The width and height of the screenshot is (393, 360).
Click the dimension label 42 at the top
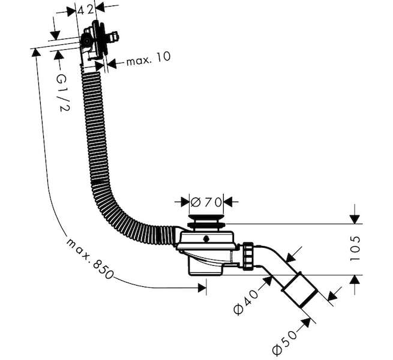(86, 10)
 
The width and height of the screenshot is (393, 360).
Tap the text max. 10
(148, 59)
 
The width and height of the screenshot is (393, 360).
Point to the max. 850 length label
(90, 259)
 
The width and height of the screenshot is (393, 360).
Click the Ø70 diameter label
(206, 202)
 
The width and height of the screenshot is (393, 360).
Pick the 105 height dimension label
(355, 248)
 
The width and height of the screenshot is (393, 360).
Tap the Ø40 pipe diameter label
(245, 302)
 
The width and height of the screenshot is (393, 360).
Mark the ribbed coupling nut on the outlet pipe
(248, 256)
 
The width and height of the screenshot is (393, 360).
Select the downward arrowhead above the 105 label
(355, 220)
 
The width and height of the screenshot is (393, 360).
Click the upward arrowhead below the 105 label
(355, 280)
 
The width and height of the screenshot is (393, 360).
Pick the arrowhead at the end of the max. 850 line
(202, 288)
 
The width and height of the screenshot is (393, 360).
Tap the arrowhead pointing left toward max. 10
(112, 64)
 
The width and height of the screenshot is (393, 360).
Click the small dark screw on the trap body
(206, 239)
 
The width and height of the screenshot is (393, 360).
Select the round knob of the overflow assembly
(86, 41)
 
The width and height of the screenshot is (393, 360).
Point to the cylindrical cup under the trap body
(205, 266)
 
